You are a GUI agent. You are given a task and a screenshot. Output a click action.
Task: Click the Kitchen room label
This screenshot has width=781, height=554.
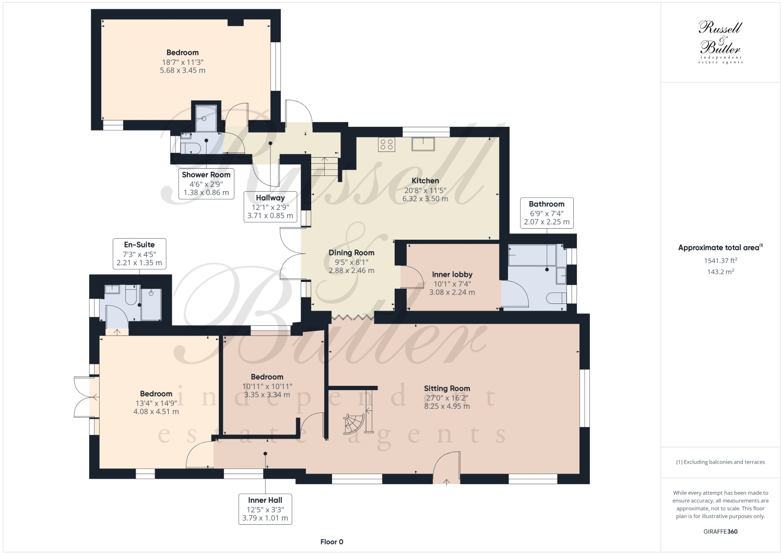tap(425, 181)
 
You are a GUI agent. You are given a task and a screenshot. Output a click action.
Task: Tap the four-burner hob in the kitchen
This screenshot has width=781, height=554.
tap(386, 144)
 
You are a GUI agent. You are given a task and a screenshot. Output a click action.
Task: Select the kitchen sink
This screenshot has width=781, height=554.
tap(423, 144)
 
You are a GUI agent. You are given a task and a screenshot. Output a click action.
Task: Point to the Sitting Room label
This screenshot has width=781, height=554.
tap(447, 388)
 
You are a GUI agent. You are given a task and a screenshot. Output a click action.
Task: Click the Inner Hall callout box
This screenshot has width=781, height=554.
tap(265, 509)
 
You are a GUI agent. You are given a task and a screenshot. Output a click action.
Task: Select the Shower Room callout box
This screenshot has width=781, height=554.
tap(206, 183)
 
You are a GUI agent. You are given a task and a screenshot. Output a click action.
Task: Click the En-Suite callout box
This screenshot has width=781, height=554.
tap(139, 254)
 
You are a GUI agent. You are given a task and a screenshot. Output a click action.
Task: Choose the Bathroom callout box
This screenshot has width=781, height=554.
tap(547, 213)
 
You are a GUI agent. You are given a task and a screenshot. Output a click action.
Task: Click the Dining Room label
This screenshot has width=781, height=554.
tap(351, 253)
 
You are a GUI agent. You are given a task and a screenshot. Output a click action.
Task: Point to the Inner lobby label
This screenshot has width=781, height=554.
tap(452, 275)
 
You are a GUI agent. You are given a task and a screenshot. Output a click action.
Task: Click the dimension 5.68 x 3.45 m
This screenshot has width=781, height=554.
tap(183, 70)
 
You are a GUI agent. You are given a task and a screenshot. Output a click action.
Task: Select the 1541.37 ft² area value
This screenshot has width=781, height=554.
tap(720, 260)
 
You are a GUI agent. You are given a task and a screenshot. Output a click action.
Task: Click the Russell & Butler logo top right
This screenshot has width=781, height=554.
tap(720, 42)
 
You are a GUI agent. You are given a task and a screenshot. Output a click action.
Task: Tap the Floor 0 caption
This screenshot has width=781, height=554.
tap(332, 542)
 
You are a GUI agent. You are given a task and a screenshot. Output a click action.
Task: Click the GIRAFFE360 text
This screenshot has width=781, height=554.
tap(720, 532)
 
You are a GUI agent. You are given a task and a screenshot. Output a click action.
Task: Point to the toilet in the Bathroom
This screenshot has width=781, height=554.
tap(555, 298)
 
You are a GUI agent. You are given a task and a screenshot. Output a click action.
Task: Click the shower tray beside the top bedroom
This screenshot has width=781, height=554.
tap(206, 118)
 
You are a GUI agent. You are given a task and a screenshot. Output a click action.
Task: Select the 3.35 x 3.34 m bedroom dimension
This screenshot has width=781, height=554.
tap(267, 395)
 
